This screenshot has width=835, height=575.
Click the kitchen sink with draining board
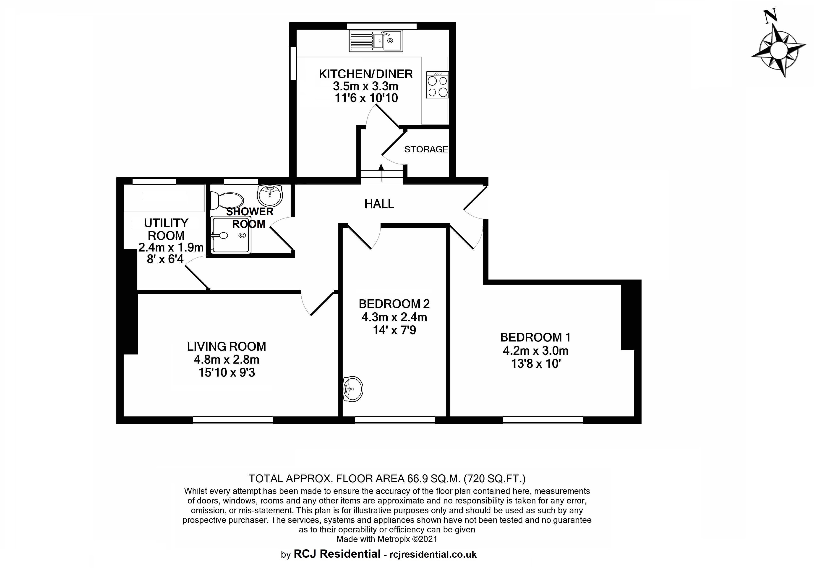376,41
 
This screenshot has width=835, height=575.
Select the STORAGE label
426,149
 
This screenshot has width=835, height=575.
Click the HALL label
379,204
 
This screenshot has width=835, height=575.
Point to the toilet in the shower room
227,200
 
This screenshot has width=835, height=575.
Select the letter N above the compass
770,16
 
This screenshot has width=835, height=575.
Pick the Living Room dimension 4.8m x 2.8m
227,359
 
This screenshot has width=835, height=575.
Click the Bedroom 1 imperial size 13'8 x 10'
536,364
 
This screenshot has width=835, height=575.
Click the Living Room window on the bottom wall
233,420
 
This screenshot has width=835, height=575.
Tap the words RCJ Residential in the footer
337,554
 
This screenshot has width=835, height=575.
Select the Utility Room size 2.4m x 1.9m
171,247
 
